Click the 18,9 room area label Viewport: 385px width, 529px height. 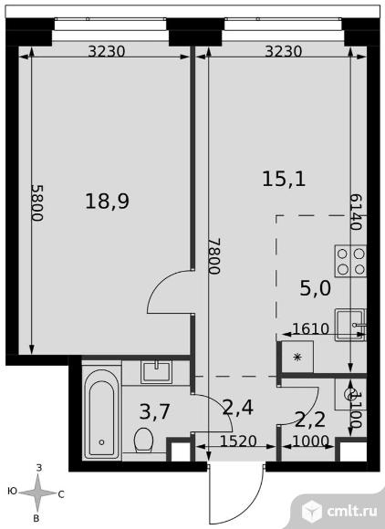(x=108, y=202)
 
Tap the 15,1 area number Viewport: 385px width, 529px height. (x=284, y=179)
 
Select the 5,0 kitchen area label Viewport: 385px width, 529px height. (x=315, y=288)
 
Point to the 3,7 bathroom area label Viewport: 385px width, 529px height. (x=154, y=412)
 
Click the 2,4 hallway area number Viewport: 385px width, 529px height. (x=238, y=408)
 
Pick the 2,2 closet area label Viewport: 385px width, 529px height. (x=310, y=420)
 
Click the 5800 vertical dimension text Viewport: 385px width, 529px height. (x=37, y=202)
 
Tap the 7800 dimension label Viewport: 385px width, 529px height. (x=214, y=256)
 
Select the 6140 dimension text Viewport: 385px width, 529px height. (x=356, y=212)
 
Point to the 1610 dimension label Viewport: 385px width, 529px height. (x=310, y=328)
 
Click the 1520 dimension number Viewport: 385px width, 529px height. (x=238, y=441)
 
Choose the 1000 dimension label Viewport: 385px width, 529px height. (x=310, y=441)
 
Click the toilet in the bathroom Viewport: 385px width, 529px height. (x=144, y=440)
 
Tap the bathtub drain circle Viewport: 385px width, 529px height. (x=101, y=442)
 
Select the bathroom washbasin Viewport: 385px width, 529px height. (x=157, y=372)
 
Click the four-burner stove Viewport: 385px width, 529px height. (x=350, y=262)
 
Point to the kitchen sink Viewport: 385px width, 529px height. (x=350, y=325)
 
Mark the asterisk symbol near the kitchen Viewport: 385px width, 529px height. (x=297, y=357)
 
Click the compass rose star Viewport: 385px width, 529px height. (x=37, y=493)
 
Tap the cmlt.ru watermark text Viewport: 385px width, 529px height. (x=351, y=511)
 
